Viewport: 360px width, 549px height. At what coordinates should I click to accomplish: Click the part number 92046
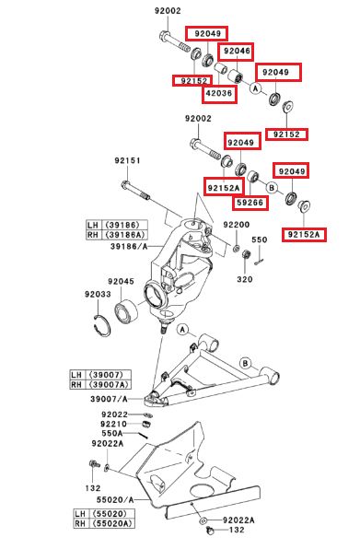pyautogui.click(x=237, y=51)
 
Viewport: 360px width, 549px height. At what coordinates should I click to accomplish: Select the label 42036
pyautogui.click(x=219, y=93)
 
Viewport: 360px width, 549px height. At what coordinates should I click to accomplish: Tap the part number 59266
pyautogui.click(x=250, y=203)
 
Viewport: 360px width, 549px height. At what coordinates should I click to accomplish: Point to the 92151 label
pyautogui.click(x=127, y=160)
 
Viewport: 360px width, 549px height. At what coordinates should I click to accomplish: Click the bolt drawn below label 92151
pyautogui.click(x=135, y=191)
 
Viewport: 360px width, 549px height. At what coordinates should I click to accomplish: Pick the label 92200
pyautogui.click(x=237, y=225)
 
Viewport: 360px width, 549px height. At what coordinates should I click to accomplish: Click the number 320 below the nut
pyautogui.click(x=245, y=279)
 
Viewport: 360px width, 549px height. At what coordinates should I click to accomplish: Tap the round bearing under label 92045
pyautogui.click(x=126, y=310)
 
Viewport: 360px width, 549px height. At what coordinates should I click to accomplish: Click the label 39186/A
pyautogui.click(x=129, y=247)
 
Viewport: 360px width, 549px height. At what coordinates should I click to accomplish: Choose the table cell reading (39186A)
pyautogui.click(x=125, y=235)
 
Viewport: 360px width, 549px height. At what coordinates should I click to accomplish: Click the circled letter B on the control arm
pyautogui.click(x=246, y=363)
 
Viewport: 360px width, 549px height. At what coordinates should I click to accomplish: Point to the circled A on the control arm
pyautogui.click(x=182, y=330)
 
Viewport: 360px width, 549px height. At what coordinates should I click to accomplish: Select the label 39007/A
pyautogui.click(x=109, y=399)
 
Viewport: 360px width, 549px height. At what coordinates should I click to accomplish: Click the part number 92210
pyautogui.click(x=114, y=424)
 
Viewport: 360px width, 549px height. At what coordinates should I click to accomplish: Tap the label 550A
pyautogui.click(x=112, y=434)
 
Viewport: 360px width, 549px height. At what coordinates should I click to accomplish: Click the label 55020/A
pyautogui.click(x=115, y=499)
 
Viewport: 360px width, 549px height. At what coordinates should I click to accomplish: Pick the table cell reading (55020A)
pyautogui.click(x=112, y=524)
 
